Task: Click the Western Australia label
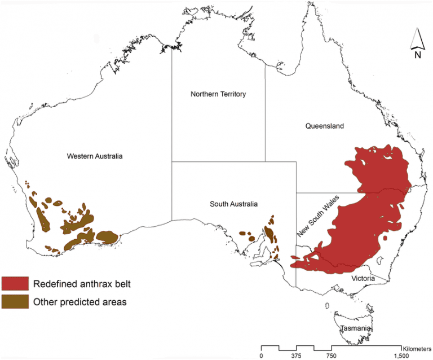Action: click(94, 156)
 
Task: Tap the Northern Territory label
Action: click(218, 94)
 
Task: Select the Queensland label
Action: click(324, 126)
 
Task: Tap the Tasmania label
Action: click(354, 329)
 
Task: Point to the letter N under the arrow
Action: click(417, 55)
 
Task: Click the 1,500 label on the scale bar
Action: click(401, 356)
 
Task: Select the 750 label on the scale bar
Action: click(332, 356)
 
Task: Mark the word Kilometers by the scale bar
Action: click(416, 348)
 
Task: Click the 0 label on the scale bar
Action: click(262, 356)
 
